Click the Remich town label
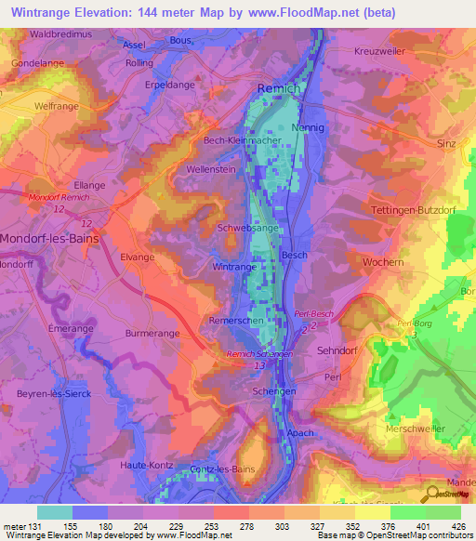coord(278,87)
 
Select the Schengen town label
coord(274,392)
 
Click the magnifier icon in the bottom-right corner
coord(431,493)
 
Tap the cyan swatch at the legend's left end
coord(55,512)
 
